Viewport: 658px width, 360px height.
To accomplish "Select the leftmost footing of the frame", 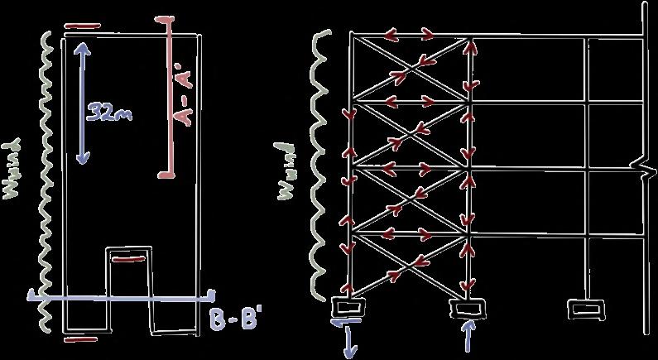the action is pyautogui.click(x=348, y=307).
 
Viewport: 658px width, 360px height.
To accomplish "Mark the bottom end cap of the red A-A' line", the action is pyautogui.click(x=168, y=175).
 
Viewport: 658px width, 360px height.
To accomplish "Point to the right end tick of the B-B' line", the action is pyautogui.click(x=213, y=295).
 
